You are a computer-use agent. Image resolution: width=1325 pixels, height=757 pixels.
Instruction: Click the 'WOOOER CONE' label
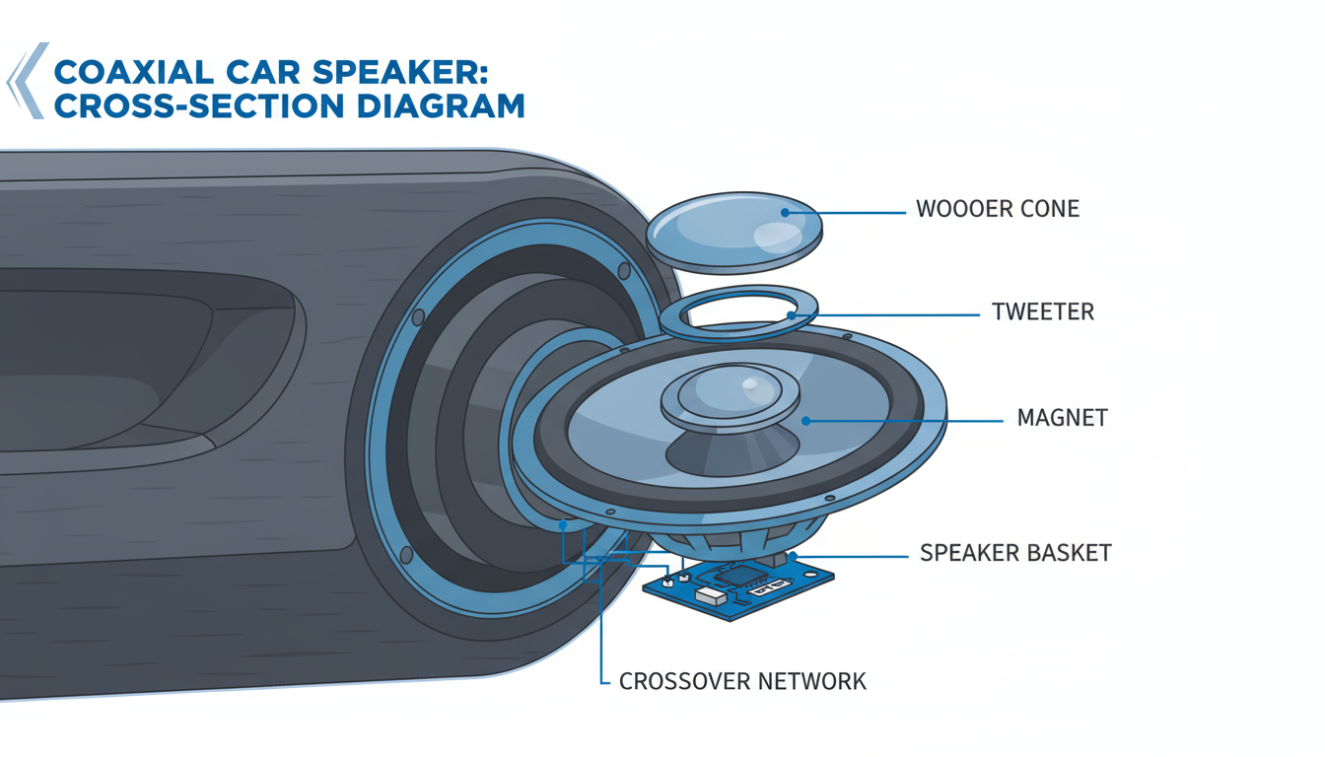pos(997,210)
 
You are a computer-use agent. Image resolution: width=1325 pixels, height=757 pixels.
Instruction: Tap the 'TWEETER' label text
pos(1043,313)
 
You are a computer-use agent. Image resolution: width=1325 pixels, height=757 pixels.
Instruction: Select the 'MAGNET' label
pos(1062,418)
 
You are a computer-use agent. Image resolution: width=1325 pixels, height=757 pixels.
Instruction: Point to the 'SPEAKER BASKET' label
pos(1015,553)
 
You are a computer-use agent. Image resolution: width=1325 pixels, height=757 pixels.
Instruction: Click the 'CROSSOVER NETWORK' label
pos(742,681)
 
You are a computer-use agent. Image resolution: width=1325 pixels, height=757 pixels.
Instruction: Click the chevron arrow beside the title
pos(27,81)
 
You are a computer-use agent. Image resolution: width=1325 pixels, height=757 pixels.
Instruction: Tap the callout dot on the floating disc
pos(785,210)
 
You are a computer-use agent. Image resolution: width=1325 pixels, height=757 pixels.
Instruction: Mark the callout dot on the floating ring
pos(792,315)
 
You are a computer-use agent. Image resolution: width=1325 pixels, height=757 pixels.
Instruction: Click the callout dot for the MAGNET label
pos(805,420)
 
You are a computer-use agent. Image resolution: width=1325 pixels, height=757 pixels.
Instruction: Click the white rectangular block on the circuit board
pos(711,595)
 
